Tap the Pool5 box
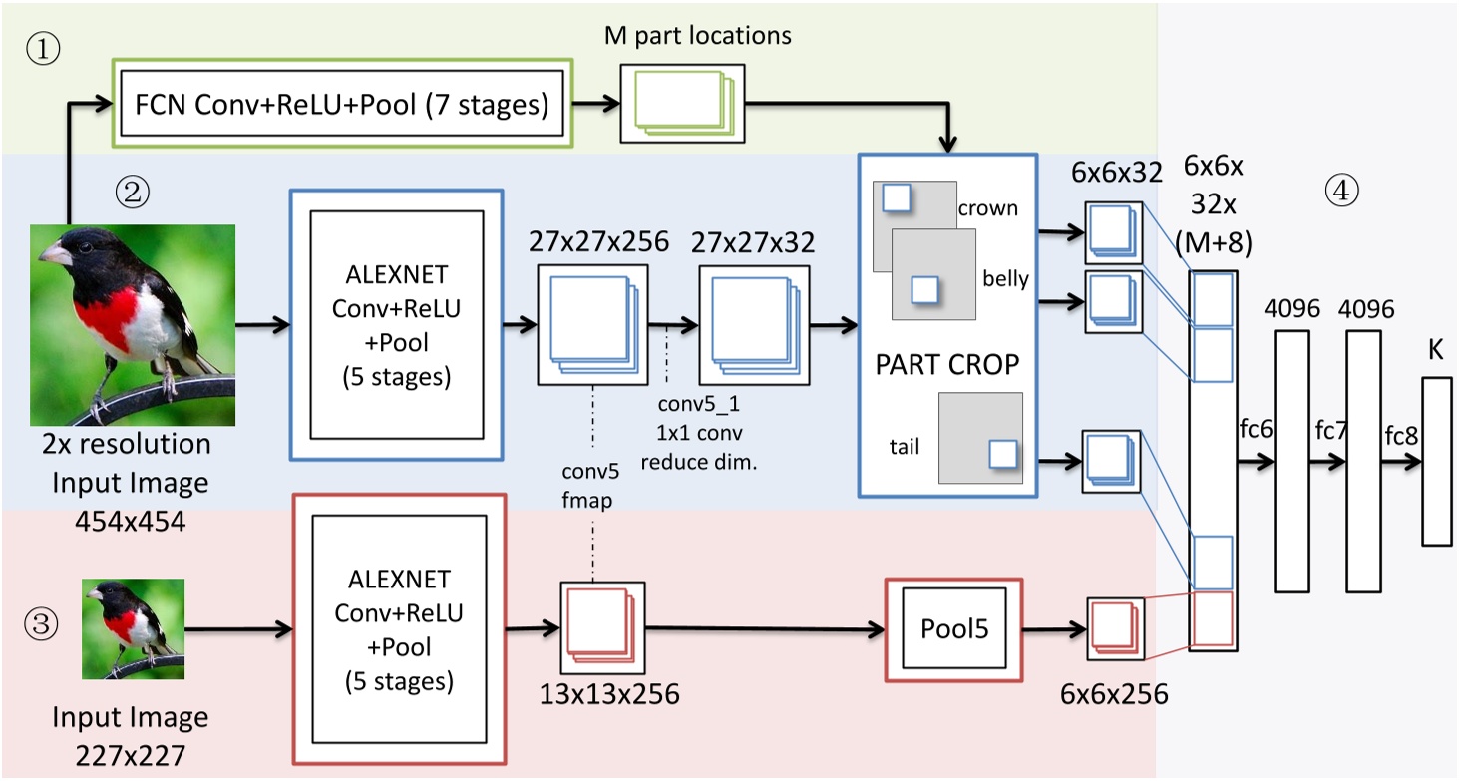coord(954,629)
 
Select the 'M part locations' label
coord(698,36)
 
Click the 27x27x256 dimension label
coord(592,242)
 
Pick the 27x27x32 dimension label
coord(756,242)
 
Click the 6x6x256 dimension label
coord(1115,694)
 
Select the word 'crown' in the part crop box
coord(987,208)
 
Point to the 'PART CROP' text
coord(947,364)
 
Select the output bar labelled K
coord(1436,460)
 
